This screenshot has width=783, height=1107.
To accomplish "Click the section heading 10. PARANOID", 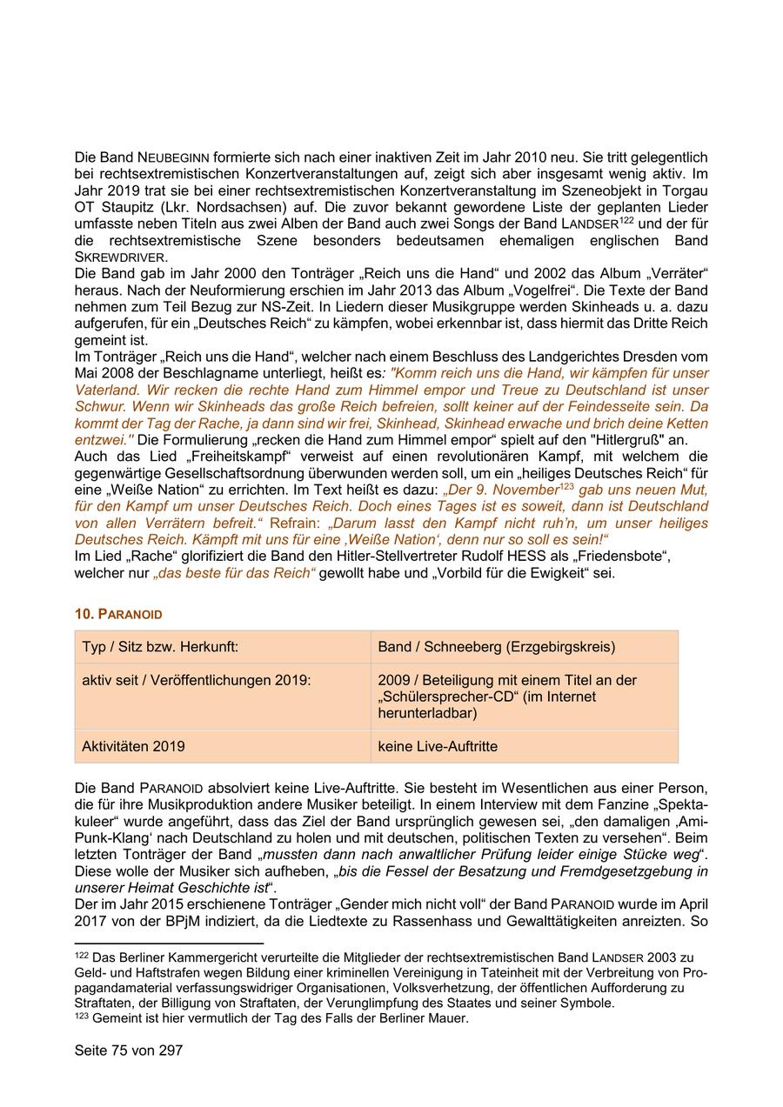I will [118, 614].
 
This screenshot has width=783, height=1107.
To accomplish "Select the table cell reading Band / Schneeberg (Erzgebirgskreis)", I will [496, 647].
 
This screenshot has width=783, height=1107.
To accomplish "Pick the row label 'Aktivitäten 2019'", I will [133, 746].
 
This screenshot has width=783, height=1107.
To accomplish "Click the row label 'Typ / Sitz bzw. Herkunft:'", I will [160, 647].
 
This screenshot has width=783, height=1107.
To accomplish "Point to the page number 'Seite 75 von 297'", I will [129, 1050].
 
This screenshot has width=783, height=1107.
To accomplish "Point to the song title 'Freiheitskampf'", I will [188, 456].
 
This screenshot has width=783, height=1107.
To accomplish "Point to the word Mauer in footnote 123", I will [448, 1018].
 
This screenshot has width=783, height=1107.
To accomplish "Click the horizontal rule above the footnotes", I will [169, 943].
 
